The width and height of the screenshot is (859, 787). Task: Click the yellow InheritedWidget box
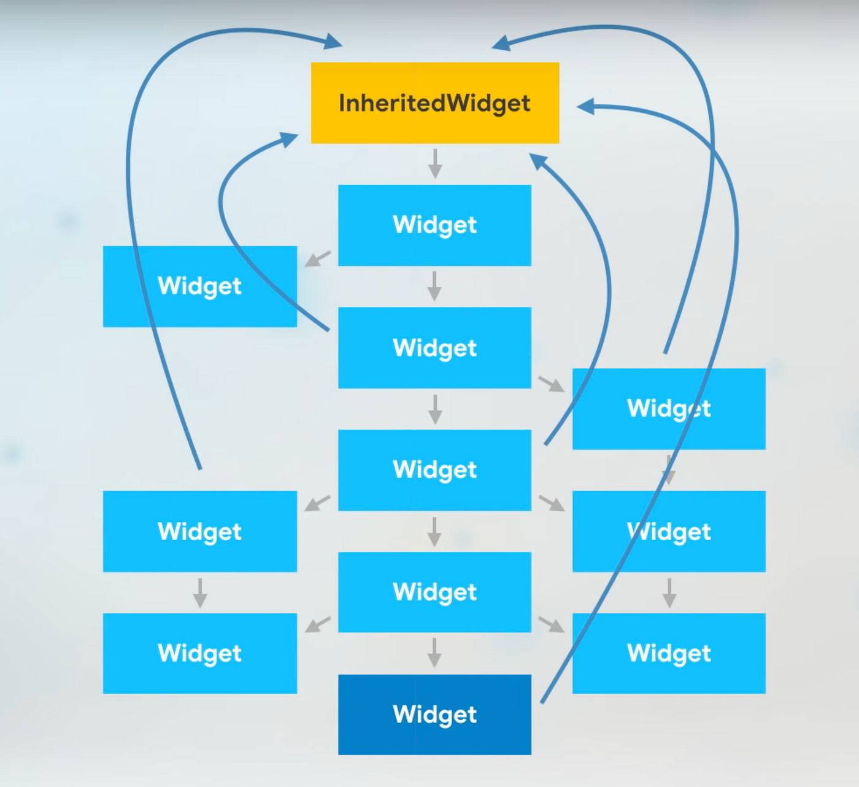pyautogui.click(x=434, y=103)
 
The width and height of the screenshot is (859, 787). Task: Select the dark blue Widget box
pyautogui.click(x=434, y=715)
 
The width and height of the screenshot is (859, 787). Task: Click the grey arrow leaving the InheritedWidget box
pyautogui.click(x=435, y=163)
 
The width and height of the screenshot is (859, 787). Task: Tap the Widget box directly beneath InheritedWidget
pyautogui.click(x=434, y=225)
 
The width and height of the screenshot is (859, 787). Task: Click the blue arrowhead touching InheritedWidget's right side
pyautogui.click(x=587, y=107)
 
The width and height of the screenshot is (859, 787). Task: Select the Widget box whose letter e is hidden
pyautogui.click(x=669, y=409)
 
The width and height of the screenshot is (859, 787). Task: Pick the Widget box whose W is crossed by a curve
pyautogui.click(x=669, y=532)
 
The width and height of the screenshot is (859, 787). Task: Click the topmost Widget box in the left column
pyautogui.click(x=199, y=287)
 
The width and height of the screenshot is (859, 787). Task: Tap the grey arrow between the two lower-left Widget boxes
pyautogui.click(x=199, y=593)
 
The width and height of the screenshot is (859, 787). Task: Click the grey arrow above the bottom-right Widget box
pyautogui.click(x=669, y=593)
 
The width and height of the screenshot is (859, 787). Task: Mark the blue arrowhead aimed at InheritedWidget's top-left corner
pyautogui.click(x=332, y=42)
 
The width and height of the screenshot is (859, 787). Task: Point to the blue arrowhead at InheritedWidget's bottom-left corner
pyautogui.click(x=288, y=139)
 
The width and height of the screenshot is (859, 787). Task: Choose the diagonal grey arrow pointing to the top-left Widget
pyautogui.click(x=317, y=258)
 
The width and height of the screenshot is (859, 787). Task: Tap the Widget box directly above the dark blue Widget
pyautogui.click(x=434, y=592)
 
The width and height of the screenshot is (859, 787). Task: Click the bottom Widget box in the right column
pyautogui.click(x=669, y=653)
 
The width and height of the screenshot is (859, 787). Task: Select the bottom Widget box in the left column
pyautogui.click(x=199, y=653)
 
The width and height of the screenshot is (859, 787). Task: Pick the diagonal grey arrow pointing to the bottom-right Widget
pyautogui.click(x=552, y=624)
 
